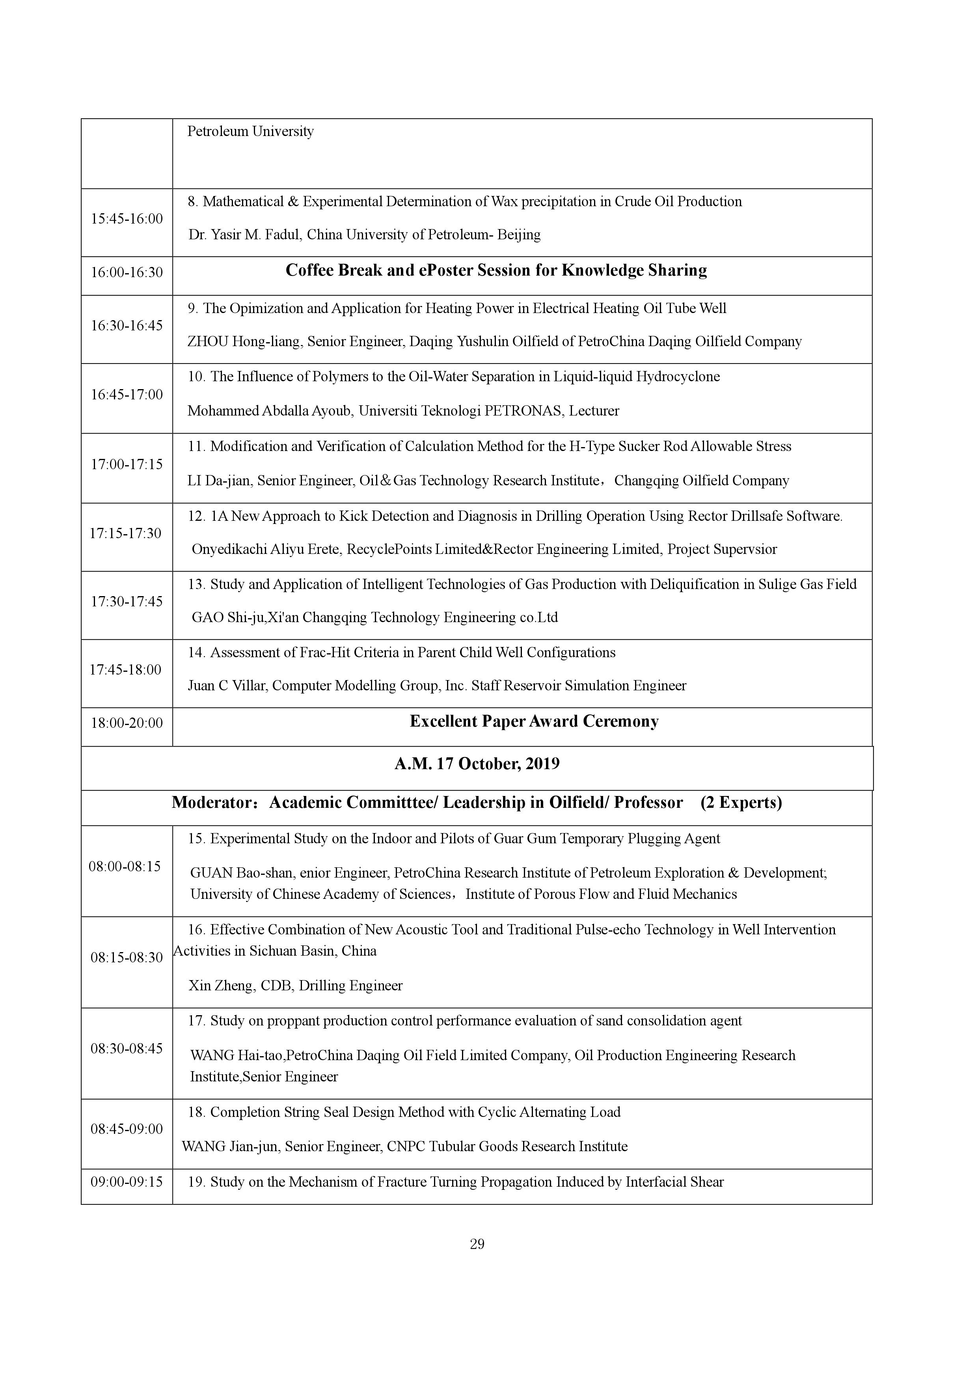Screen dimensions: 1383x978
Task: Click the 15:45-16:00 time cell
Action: [x=127, y=219]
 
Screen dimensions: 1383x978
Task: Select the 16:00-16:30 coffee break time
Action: [x=127, y=272]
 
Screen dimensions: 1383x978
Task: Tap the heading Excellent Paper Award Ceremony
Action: [x=534, y=721]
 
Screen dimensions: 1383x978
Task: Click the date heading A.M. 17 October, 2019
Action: [x=477, y=764]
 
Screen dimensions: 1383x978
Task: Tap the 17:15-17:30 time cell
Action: [x=125, y=533]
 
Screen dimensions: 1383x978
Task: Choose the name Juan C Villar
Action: [x=226, y=686]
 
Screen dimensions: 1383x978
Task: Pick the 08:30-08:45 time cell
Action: [x=127, y=1049]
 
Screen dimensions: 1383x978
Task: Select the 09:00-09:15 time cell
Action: [x=127, y=1182]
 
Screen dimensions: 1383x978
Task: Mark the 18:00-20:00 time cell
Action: [x=127, y=723]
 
